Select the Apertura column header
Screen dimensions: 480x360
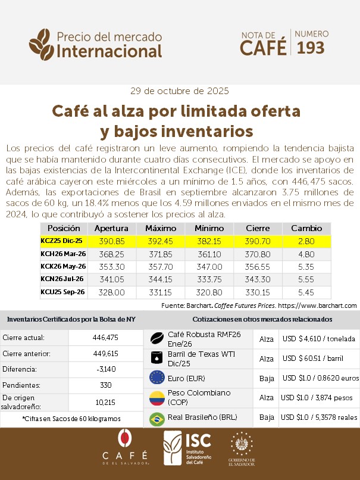point(111,228)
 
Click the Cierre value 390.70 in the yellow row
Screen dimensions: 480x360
point(256,241)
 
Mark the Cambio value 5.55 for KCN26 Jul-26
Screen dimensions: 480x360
point(306,279)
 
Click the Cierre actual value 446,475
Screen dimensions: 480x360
point(106,337)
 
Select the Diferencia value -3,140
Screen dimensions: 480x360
point(106,369)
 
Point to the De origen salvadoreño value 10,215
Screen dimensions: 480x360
point(106,402)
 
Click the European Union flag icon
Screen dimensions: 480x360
point(157,378)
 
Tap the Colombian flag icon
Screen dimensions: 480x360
point(157,397)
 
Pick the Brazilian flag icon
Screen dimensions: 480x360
point(157,418)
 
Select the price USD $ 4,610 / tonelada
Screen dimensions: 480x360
point(318,338)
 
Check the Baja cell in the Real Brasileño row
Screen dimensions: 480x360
point(267,418)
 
